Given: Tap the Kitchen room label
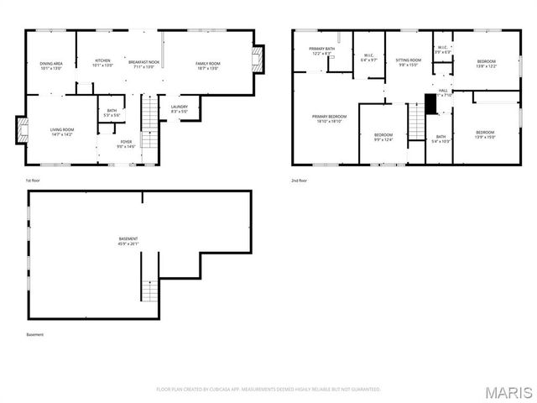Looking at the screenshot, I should point(102,63).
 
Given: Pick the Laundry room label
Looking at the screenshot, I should point(179,108).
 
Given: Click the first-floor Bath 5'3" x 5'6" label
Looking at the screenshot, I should point(112,113).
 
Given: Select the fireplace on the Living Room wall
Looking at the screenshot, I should point(23,130).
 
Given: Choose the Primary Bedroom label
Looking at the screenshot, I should point(329,118).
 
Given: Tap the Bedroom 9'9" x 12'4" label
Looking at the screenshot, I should point(383,137).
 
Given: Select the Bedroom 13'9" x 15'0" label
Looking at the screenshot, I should point(486,134).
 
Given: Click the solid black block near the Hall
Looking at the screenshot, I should point(431,104).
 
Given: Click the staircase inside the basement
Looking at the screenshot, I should point(149,290).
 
